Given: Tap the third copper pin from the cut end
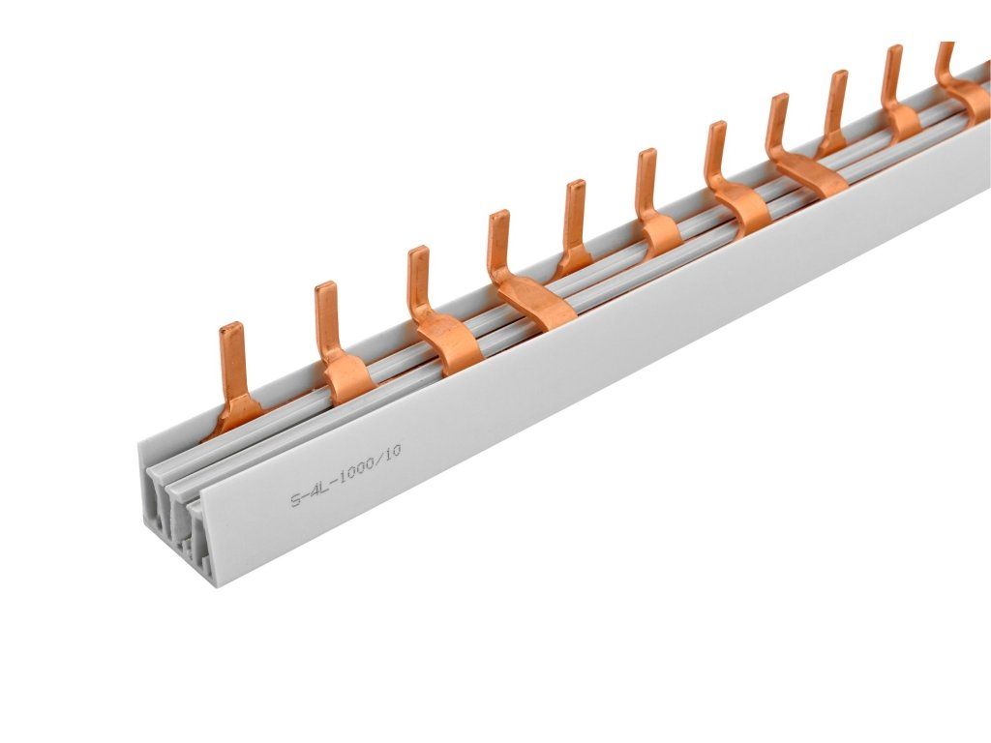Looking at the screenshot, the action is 436,310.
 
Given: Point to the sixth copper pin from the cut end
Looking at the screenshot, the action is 654,202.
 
